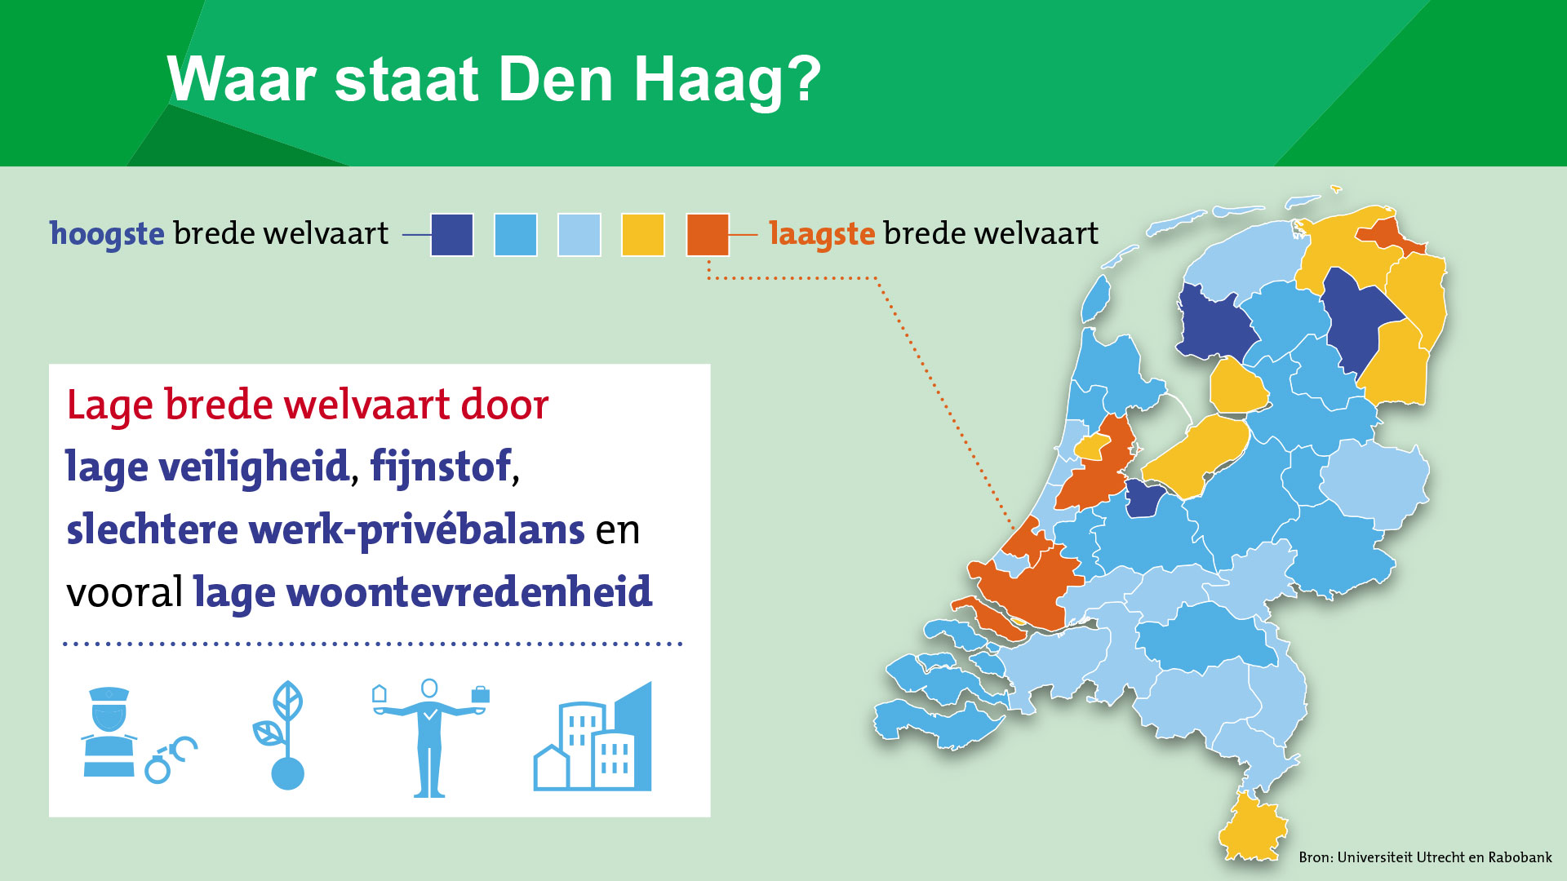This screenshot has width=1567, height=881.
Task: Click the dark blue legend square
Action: [x=452, y=235]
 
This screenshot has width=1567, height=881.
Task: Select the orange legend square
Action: [x=708, y=235]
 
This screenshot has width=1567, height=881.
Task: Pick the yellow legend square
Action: [x=643, y=235]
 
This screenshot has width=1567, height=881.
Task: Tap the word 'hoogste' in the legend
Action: [x=107, y=234]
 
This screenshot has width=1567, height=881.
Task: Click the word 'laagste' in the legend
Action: [x=822, y=234]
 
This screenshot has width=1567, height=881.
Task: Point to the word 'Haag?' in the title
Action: [x=727, y=82]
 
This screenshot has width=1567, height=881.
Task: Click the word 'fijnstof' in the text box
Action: [x=441, y=467]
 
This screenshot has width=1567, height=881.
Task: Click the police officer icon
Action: [x=109, y=732]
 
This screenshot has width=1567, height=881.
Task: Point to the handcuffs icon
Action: [x=171, y=759]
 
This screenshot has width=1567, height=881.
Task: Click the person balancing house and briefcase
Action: [x=429, y=737]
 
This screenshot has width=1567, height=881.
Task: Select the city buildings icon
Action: [x=593, y=737]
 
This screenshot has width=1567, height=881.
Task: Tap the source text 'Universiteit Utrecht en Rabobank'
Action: [x=1445, y=857]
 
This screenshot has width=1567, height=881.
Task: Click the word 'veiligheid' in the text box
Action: [x=255, y=467]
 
